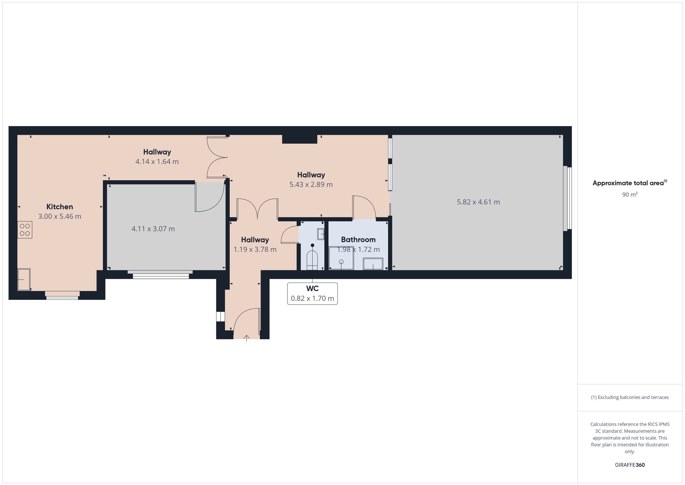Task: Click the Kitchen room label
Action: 60,207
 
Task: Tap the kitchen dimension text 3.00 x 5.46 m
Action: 60,216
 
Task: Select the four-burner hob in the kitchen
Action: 25,230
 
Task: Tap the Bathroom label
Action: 358,240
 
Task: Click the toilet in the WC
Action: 312,258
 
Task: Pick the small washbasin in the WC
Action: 321,234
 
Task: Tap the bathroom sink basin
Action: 373,264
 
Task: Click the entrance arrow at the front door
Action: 247,338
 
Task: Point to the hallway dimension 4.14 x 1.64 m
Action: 157,161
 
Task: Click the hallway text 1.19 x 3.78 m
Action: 255,249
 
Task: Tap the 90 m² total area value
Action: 630,195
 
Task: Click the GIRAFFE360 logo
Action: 630,465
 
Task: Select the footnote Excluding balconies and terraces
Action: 630,397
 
